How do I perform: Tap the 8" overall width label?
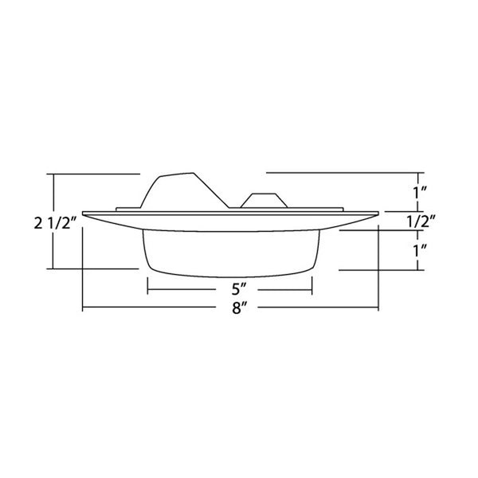click(237, 308)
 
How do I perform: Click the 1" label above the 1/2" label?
click(420, 192)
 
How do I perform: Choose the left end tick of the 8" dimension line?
click(84, 308)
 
